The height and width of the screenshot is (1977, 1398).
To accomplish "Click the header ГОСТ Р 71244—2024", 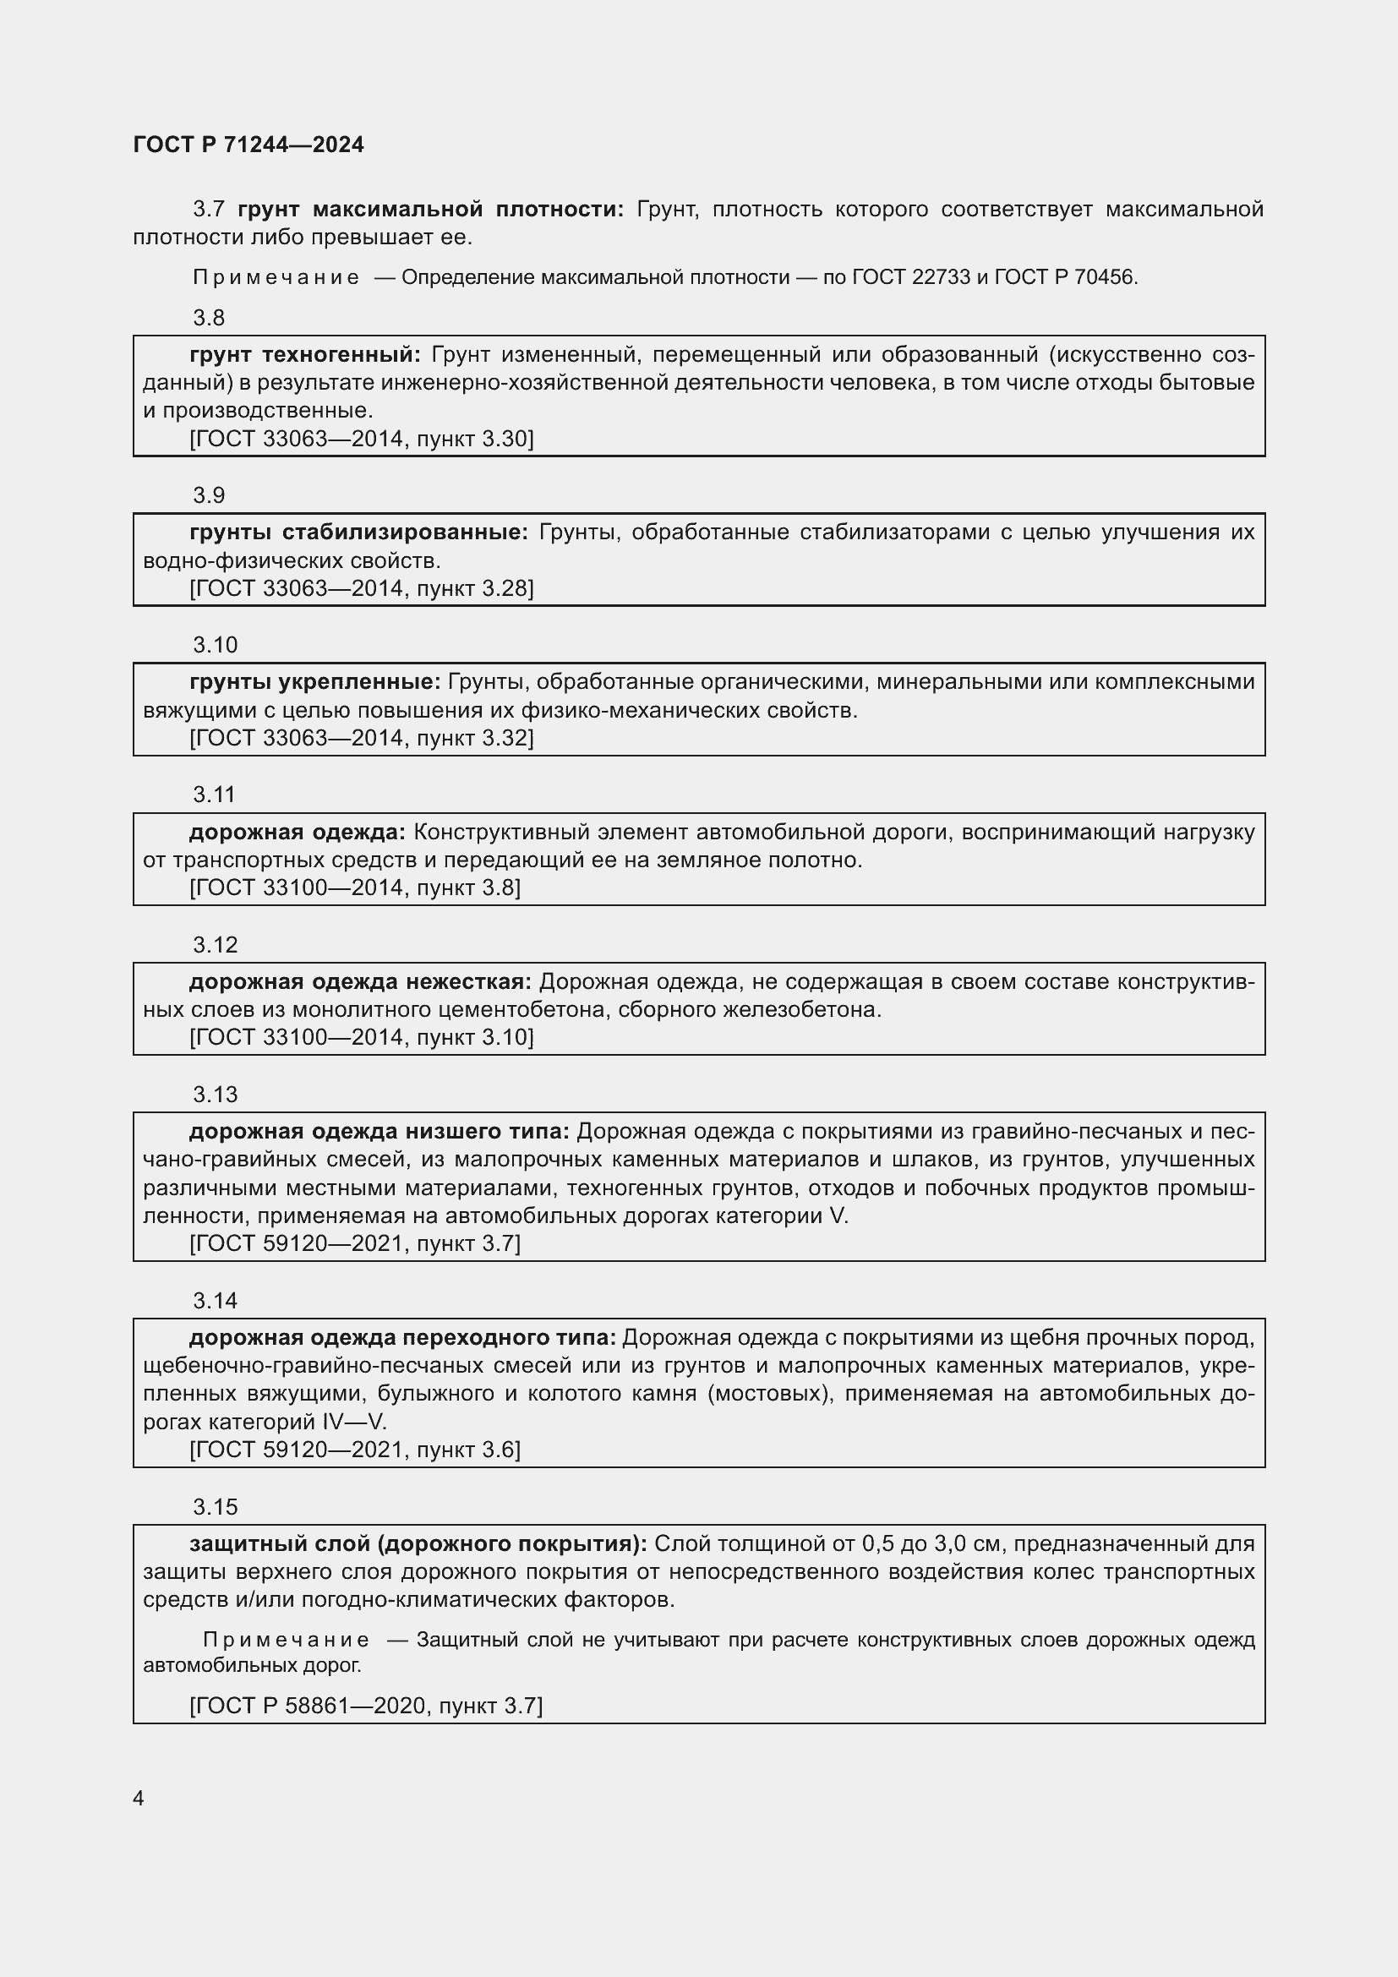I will pyautogui.click(x=248, y=145).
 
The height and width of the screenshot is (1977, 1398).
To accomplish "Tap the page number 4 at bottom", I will pyautogui.click(x=139, y=1798).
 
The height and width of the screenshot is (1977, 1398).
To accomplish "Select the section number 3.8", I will pyautogui.click(x=208, y=319).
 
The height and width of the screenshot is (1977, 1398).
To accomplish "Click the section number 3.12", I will pyautogui.click(x=215, y=945).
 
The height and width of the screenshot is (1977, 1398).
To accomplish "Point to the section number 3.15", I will pyautogui.click(x=215, y=1507).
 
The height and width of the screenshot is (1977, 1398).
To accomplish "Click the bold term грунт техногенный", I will pyautogui.click(x=305, y=355).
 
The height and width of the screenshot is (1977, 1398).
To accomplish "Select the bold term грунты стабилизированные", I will pyautogui.click(x=358, y=532).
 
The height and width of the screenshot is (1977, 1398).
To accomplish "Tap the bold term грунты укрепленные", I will pyautogui.click(x=314, y=682).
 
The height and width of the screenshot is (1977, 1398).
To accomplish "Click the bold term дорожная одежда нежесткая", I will pyautogui.click(x=360, y=981).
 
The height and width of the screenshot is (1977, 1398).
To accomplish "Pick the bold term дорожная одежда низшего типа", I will pyautogui.click(x=379, y=1132).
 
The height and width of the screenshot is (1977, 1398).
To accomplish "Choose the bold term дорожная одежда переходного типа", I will pyautogui.click(x=402, y=1337).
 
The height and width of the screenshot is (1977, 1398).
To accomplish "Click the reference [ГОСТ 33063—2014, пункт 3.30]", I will pyautogui.click(x=362, y=440).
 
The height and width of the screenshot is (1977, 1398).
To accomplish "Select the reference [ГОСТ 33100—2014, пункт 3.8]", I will pyautogui.click(x=355, y=887).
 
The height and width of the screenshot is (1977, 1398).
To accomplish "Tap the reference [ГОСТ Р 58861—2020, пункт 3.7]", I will pyautogui.click(x=366, y=1706).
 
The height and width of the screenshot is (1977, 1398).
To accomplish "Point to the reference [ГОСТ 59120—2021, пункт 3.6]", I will pyautogui.click(x=355, y=1450).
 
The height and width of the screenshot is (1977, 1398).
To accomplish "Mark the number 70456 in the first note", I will pyautogui.click(x=1105, y=277).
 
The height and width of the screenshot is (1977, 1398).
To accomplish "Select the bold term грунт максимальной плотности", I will pyautogui.click(x=430, y=210).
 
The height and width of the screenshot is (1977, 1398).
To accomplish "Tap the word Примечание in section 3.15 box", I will pyautogui.click(x=286, y=1640).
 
